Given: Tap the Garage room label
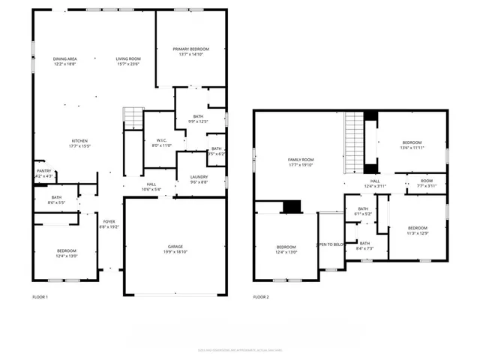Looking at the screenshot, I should coord(175,249).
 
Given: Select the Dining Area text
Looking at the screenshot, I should coord(65,61).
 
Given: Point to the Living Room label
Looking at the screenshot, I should coord(128,61).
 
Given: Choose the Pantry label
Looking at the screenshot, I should coord(44,173).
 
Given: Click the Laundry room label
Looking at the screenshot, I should coord(199,178).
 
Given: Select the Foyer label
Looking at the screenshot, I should coord(109,223).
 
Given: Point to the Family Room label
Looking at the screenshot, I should coord(301,162).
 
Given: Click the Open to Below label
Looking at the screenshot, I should coord(330,244).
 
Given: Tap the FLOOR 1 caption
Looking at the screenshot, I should coord(40,298).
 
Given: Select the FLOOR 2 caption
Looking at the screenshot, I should coord(260,298).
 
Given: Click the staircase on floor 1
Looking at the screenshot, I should coord(133,118).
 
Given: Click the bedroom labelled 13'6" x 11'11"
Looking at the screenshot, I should coord(412,145).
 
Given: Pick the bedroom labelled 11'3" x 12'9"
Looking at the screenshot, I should coord(418,230).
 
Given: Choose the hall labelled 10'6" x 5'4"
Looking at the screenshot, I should coord(151,187).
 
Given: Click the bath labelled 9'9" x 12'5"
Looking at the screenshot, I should coord(198,118).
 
